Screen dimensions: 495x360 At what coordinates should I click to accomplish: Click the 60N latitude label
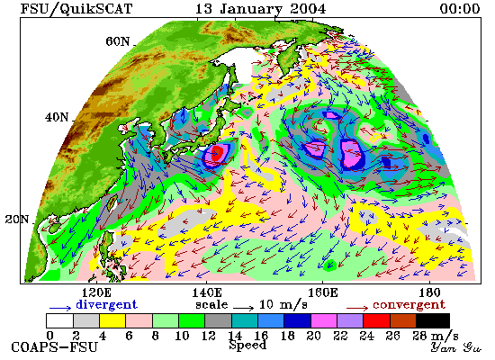117,41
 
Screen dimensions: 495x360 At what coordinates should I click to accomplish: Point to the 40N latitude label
57,118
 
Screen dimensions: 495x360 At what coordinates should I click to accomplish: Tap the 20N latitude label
17,220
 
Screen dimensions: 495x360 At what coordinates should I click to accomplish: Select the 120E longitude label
96,292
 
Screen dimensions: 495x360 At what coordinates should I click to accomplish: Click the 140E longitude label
207,292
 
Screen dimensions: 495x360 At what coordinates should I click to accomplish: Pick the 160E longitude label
322,292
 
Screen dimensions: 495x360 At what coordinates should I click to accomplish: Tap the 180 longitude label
429,292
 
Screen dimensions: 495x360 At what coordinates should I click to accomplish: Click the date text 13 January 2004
260,9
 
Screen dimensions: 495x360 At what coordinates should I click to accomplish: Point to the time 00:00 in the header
460,8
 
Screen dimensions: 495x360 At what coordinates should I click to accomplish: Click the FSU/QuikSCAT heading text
76,9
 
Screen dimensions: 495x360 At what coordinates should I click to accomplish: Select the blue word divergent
106,304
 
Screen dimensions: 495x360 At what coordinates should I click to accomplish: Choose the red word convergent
409,304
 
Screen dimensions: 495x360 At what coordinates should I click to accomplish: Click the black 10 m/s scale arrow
243,308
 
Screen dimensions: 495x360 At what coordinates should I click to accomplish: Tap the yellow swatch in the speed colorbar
112,320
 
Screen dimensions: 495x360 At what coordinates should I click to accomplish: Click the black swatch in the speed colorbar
433,320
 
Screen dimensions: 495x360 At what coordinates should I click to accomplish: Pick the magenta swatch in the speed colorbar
324,320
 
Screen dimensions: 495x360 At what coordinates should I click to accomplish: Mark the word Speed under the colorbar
247,345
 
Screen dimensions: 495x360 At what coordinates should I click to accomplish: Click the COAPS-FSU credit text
54,347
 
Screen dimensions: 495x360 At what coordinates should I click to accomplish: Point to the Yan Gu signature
456,347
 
